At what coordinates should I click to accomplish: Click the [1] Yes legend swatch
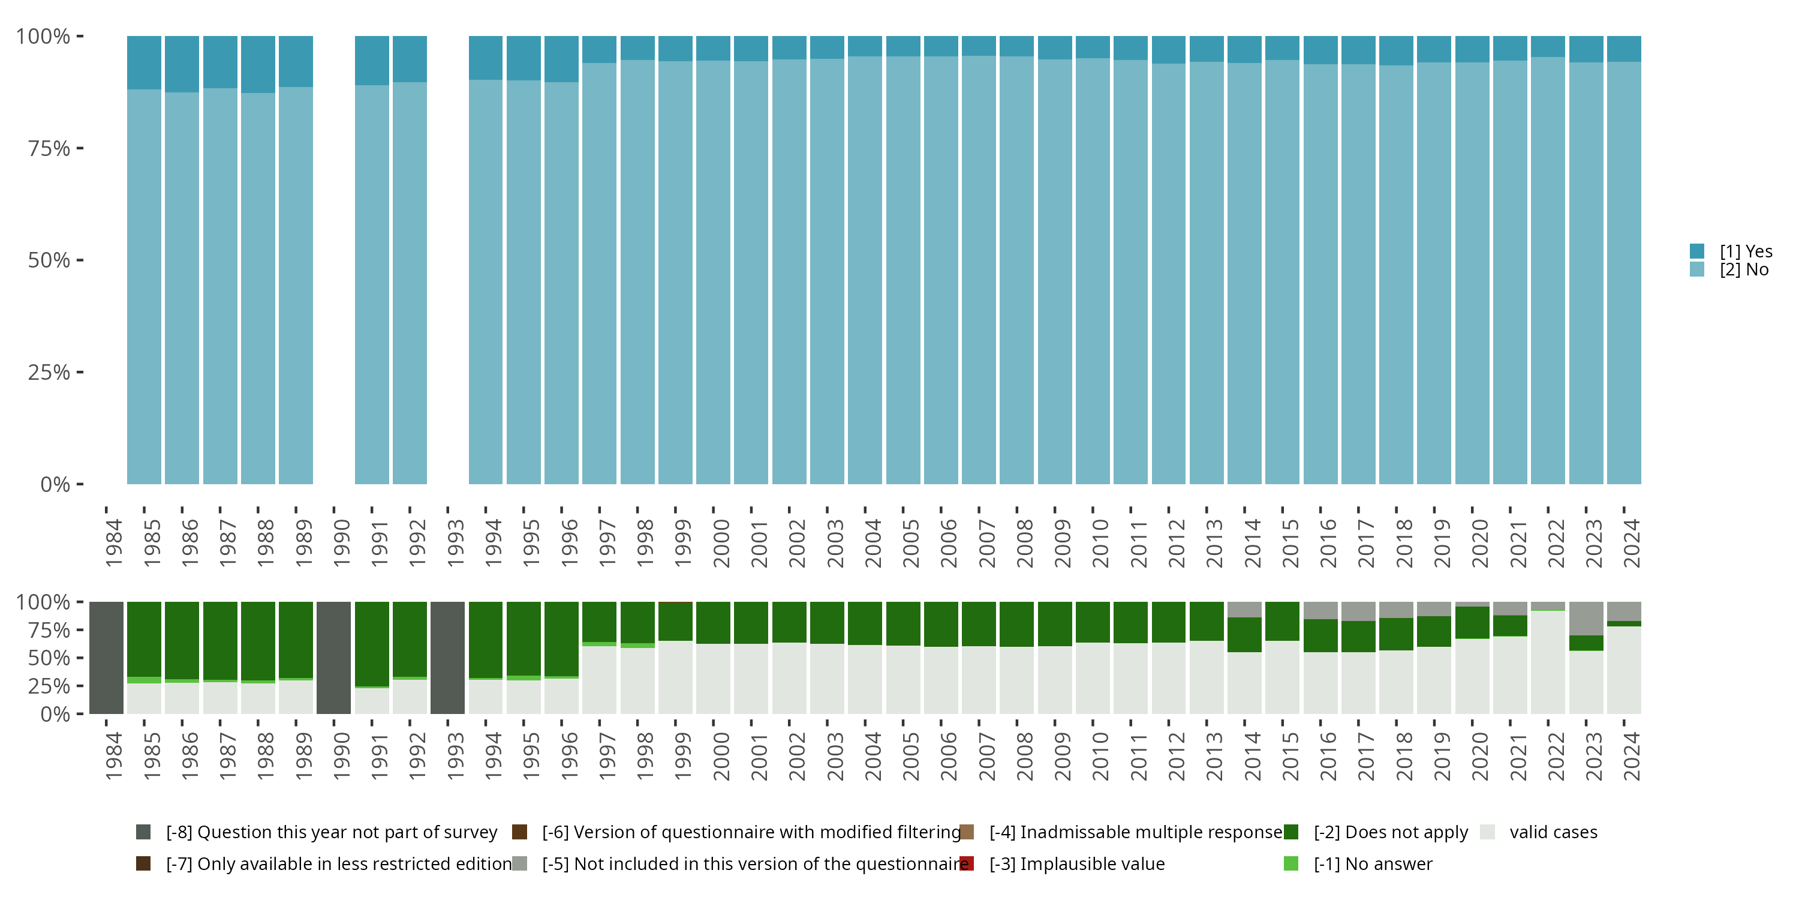[1697, 251]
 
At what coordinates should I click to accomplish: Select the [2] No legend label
[1744, 270]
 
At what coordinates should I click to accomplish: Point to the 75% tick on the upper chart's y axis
[80, 148]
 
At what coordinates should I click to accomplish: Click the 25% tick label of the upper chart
[49, 373]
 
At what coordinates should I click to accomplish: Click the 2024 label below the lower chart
[1631, 756]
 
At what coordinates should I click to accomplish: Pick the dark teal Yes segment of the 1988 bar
[258, 64]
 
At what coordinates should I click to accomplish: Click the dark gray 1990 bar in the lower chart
[334, 658]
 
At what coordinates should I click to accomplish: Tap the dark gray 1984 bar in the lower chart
[106, 658]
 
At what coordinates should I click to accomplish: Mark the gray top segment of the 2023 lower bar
[1586, 619]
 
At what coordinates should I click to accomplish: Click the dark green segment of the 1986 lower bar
[182, 640]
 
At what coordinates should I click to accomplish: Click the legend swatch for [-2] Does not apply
[1290, 832]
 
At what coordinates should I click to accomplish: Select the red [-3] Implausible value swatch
[967, 863]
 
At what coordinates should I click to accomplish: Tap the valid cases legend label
[1553, 832]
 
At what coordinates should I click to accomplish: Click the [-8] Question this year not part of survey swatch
[143, 832]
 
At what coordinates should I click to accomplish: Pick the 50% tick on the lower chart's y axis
[80, 658]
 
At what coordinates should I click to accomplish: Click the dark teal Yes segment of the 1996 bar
[561, 59]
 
